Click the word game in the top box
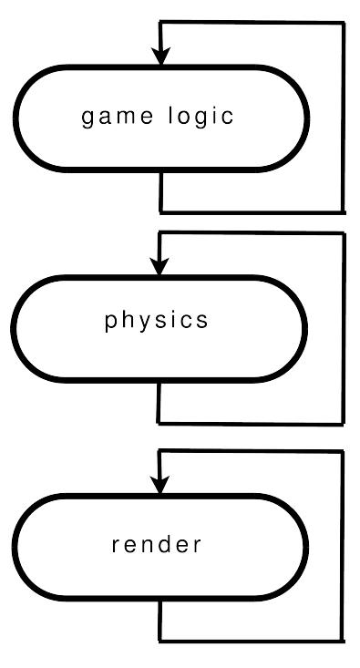click(x=118, y=118)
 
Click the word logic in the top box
click(x=201, y=117)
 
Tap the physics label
click(x=157, y=321)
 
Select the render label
click(x=157, y=544)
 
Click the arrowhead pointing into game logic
click(x=160, y=57)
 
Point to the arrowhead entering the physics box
click(x=159, y=267)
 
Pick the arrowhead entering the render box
click(x=159, y=485)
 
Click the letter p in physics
click(x=109, y=322)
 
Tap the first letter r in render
click(x=115, y=546)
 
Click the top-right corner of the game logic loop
click(x=344, y=23)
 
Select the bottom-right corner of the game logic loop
click(x=343, y=211)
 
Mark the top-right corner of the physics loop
click(x=344, y=233)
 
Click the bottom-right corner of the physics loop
click(x=343, y=424)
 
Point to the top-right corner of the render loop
click(x=342, y=451)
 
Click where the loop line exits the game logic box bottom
click(x=160, y=172)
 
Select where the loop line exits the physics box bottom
click(x=159, y=383)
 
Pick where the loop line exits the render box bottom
click(x=159, y=601)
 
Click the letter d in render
click(x=166, y=544)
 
